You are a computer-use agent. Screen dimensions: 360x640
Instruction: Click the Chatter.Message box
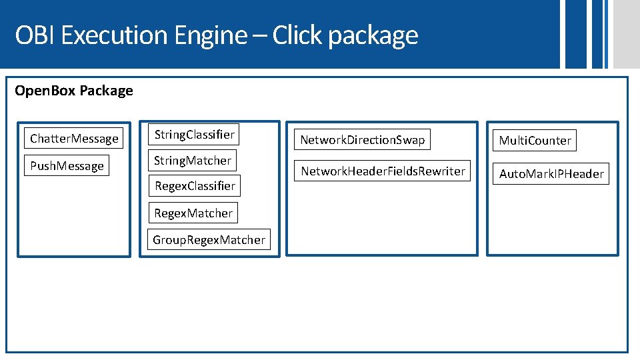tap(75, 139)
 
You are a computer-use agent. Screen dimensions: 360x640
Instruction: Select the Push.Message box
tap(67, 166)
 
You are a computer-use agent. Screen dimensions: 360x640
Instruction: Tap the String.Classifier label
tap(195, 135)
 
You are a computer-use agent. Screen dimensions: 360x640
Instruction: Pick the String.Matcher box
tap(193, 161)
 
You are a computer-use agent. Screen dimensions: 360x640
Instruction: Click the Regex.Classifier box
tap(195, 186)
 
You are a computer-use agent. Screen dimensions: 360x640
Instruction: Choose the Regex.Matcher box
tap(193, 213)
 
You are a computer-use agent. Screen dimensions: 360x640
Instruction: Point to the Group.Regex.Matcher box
tap(209, 240)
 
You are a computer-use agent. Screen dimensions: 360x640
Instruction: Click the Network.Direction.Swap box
tap(362, 140)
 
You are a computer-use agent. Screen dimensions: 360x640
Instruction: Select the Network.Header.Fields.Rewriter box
tap(383, 171)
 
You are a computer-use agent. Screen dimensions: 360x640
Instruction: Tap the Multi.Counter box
tap(535, 141)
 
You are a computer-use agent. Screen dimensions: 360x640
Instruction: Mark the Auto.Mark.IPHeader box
tap(551, 174)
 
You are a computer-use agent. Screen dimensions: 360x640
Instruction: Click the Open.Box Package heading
tap(74, 91)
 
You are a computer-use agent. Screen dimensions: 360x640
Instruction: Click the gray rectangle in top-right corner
tap(626, 33)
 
